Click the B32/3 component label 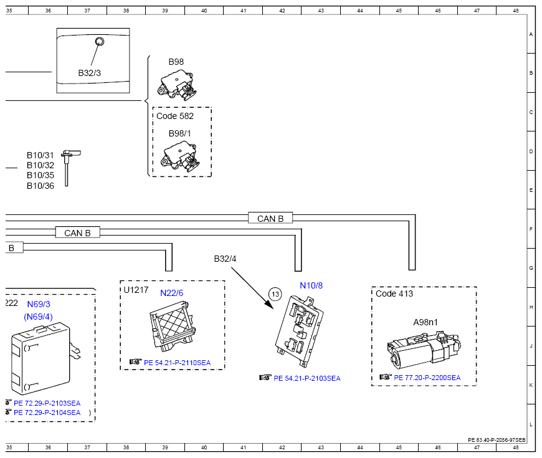click(x=89, y=73)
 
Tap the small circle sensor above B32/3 click(x=100, y=42)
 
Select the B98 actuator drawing click(x=177, y=85)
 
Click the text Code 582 click(x=175, y=116)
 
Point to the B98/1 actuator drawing click(x=180, y=156)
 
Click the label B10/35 click(x=40, y=175)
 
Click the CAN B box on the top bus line click(x=270, y=218)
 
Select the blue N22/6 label click(x=172, y=293)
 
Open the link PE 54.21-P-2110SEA click(x=177, y=363)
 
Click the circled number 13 click(x=275, y=294)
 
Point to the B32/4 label click(x=225, y=259)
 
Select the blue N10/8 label click(x=311, y=285)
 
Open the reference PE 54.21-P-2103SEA click(x=307, y=378)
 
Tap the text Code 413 click(x=394, y=293)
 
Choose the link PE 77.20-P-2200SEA click(x=427, y=378)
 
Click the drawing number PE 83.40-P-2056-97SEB click(x=497, y=440)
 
